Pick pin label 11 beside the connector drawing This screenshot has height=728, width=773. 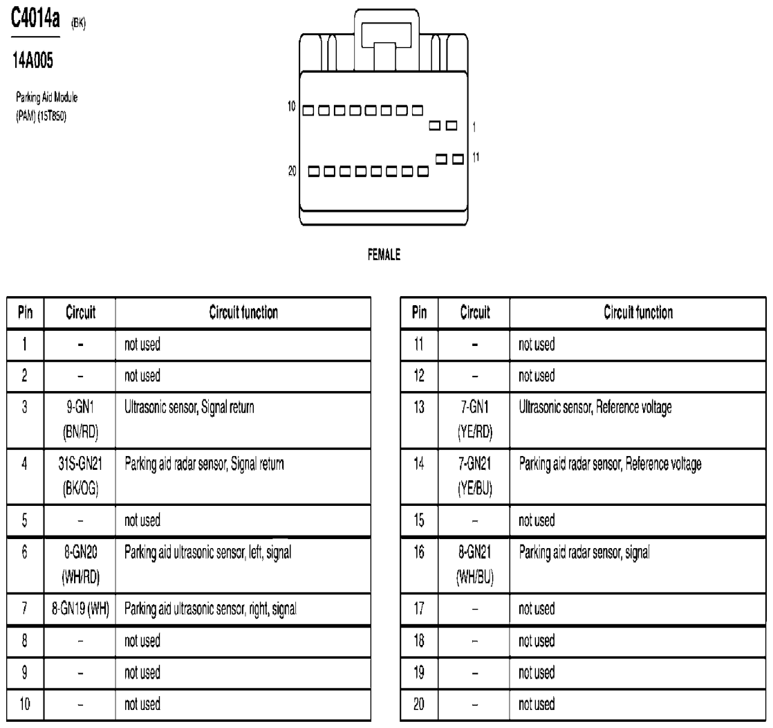click(x=474, y=156)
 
